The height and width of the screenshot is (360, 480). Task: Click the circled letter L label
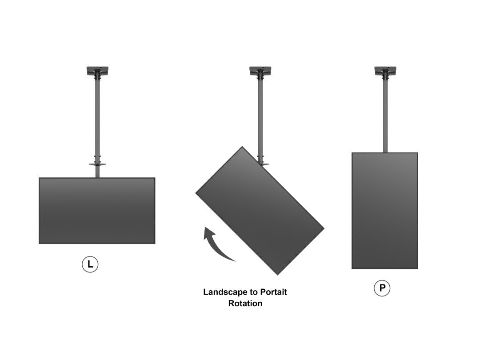coord(90,265)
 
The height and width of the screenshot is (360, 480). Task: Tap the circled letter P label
coord(382,289)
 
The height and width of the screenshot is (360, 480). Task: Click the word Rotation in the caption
coord(245,304)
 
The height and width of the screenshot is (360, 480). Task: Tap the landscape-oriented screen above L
coord(97,211)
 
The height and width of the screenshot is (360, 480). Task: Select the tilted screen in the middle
coord(260,210)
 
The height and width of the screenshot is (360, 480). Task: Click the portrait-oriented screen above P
coord(385,211)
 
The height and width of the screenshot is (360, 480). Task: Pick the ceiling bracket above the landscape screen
coord(97,71)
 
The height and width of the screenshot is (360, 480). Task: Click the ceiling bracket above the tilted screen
coord(260,71)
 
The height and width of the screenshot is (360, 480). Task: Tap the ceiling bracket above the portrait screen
coord(385,71)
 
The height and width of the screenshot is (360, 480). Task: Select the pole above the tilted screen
coord(260,116)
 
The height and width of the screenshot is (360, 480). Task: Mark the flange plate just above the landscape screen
coord(97,164)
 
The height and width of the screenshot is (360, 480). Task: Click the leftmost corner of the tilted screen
coord(196,193)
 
